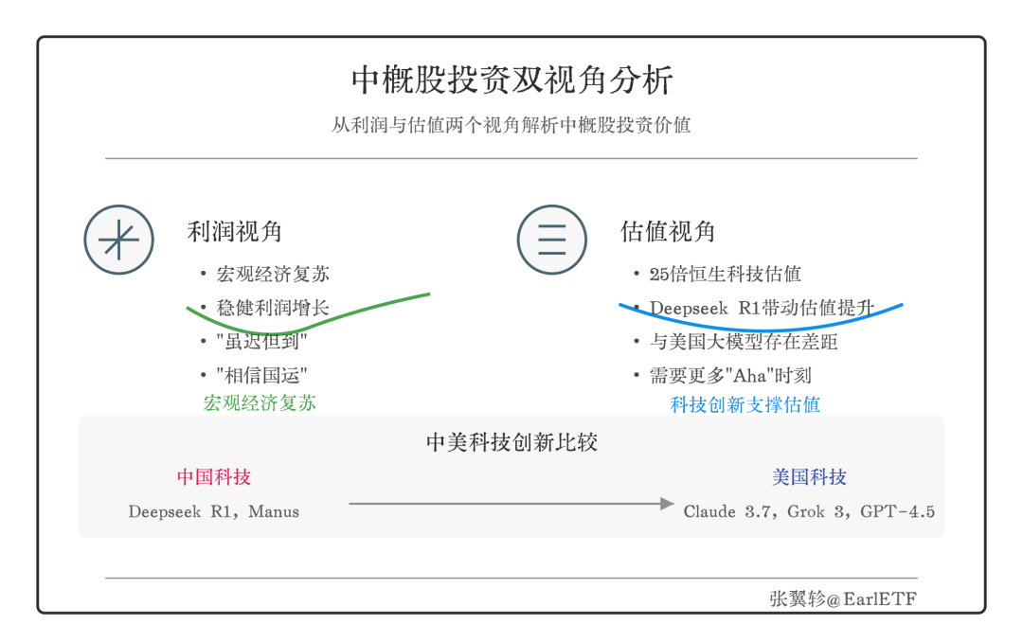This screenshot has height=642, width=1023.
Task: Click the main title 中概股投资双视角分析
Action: tap(511, 80)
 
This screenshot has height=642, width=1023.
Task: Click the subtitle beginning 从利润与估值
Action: tap(511, 125)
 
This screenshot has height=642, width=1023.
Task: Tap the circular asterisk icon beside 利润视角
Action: tap(118, 240)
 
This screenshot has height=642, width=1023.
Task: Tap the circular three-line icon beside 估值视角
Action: tap(551, 240)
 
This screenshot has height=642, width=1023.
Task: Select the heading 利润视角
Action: tap(234, 232)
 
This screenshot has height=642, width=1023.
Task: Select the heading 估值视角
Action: tap(668, 232)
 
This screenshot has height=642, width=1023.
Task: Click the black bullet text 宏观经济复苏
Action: tap(273, 275)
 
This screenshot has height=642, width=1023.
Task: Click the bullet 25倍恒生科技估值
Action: tap(725, 275)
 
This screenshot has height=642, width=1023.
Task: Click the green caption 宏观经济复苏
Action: tap(260, 403)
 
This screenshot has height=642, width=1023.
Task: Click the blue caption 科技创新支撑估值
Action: tap(745, 405)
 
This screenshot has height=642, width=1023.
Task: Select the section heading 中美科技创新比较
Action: tap(511, 442)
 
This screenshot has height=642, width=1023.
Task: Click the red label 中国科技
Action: tap(214, 477)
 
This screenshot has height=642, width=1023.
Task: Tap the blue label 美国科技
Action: tap(809, 477)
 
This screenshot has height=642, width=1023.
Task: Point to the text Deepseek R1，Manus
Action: tap(214, 512)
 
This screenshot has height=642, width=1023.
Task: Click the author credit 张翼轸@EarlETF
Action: tap(843, 598)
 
